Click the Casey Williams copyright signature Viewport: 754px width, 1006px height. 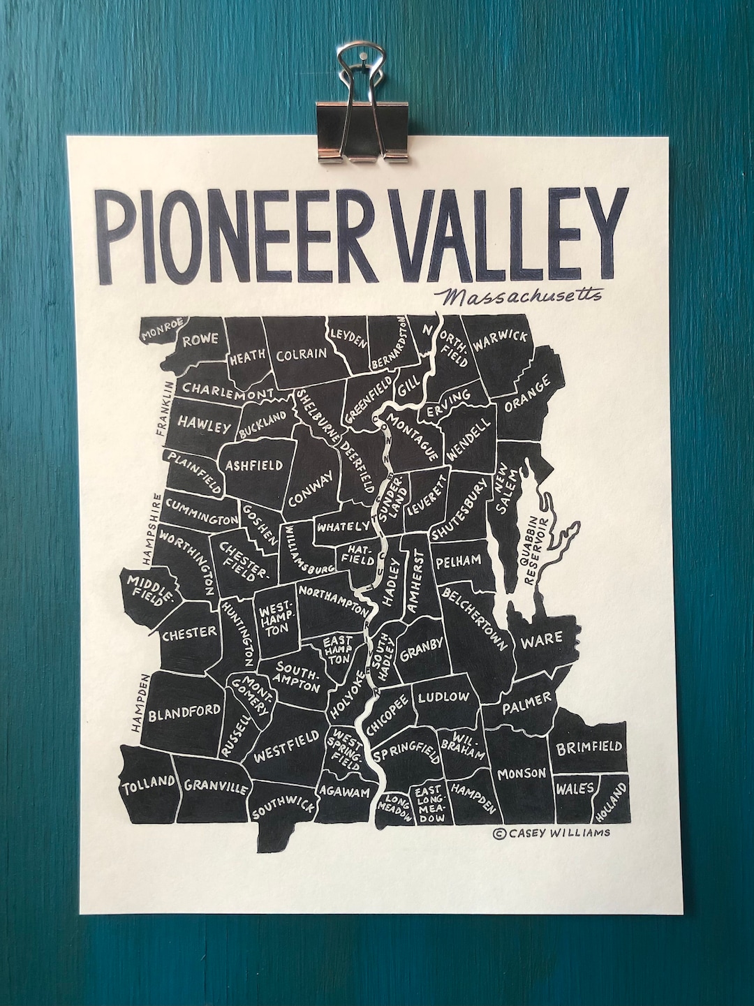pyautogui.click(x=551, y=832)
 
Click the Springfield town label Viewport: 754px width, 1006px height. pyautogui.click(x=408, y=754)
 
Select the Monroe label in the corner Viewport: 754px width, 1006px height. pyautogui.click(x=162, y=329)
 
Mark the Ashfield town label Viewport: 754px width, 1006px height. pyautogui.click(x=253, y=466)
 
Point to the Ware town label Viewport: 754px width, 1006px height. pyautogui.click(x=542, y=638)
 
